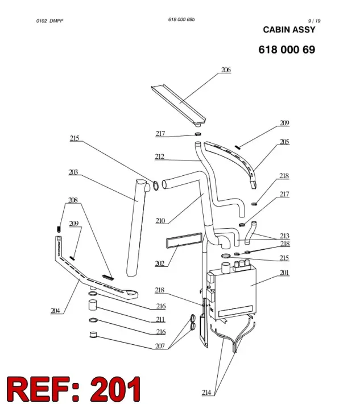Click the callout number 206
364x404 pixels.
(x=226, y=70)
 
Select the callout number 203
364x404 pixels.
(x=73, y=172)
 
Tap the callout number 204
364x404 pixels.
(x=55, y=311)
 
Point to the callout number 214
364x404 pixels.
(x=206, y=393)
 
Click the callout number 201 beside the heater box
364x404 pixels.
(x=284, y=273)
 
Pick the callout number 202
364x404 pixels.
(x=160, y=263)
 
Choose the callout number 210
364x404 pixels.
(x=160, y=221)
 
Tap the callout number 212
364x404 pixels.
(x=160, y=156)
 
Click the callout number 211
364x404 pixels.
(x=160, y=319)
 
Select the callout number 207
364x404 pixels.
(x=160, y=346)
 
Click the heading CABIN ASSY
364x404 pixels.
(x=289, y=30)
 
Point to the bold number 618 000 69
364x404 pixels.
(x=287, y=50)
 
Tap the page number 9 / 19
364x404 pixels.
(x=315, y=21)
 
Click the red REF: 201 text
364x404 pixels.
(x=74, y=389)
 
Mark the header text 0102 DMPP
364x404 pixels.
(x=49, y=21)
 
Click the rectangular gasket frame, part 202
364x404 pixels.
(x=184, y=240)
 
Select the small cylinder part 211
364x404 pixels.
(x=93, y=304)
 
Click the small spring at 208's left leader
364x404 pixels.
(x=59, y=229)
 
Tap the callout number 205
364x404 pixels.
(x=284, y=142)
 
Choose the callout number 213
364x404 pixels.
(x=284, y=236)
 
